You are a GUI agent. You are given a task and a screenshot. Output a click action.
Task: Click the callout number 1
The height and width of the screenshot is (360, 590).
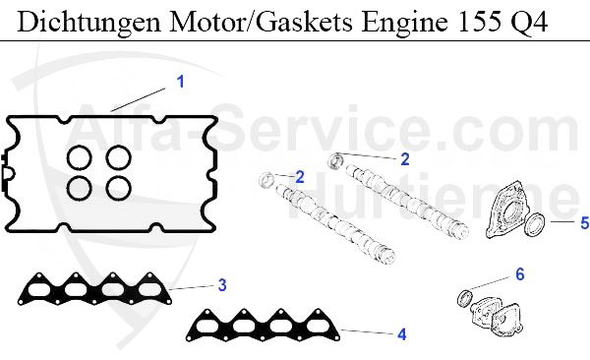click(x=180, y=82)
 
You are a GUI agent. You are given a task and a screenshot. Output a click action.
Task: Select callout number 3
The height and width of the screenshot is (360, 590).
click(x=222, y=285)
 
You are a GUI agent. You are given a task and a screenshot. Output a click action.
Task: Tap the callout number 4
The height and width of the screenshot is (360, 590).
click(x=401, y=334)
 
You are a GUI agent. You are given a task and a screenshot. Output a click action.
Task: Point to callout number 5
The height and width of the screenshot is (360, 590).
click(x=583, y=223)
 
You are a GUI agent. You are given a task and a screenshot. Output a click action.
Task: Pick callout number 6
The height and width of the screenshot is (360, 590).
click(x=520, y=274)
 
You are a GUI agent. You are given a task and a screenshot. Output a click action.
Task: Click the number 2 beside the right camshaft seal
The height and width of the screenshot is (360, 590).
click(x=404, y=157)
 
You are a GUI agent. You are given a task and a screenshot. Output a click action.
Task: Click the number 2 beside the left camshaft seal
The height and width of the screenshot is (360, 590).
click(x=300, y=176)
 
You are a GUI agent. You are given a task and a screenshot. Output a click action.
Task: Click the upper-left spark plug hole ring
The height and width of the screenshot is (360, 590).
click(x=80, y=157)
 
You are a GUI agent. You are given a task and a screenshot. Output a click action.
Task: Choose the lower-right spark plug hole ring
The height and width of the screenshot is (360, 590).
click(x=118, y=186)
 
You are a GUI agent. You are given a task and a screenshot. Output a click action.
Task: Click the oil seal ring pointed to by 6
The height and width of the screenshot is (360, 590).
click(x=466, y=298)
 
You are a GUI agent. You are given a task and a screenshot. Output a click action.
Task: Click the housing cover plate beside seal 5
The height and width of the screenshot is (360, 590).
click(x=507, y=209)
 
